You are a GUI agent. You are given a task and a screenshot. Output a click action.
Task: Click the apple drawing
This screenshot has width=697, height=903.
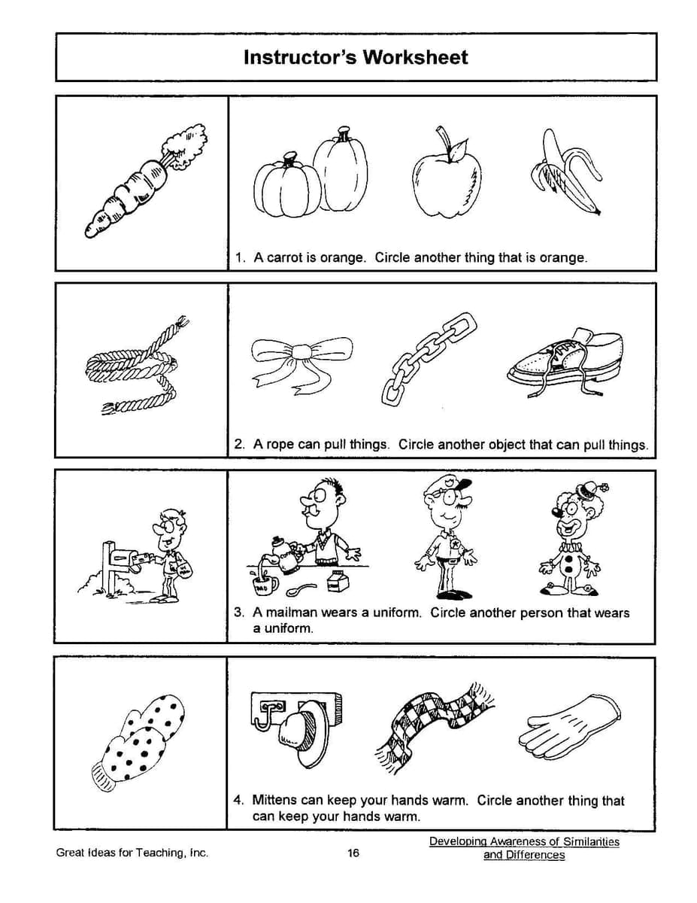tap(447, 178)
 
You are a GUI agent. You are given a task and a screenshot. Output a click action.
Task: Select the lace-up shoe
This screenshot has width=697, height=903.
tap(566, 359)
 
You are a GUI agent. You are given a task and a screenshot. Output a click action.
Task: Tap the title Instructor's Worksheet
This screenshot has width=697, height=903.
tap(355, 58)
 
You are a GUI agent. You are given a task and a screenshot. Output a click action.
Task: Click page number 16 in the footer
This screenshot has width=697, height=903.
tap(353, 853)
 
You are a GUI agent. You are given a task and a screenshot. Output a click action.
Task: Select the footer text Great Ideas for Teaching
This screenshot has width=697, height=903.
tap(132, 853)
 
